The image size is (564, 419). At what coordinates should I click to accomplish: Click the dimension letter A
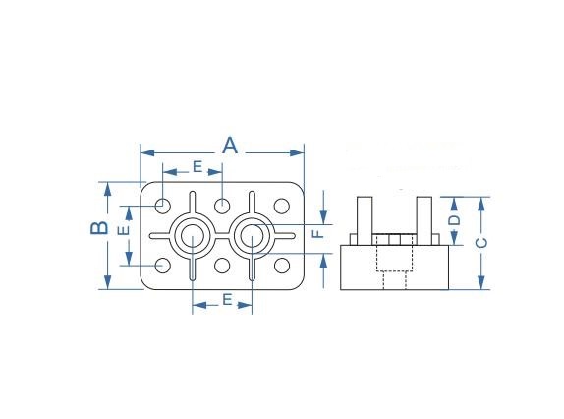(x=230, y=146)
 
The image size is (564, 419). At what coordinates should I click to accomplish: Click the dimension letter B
(x=99, y=228)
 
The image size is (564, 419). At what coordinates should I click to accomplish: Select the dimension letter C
(x=481, y=243)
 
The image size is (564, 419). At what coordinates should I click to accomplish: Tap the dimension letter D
(x=455, y=220)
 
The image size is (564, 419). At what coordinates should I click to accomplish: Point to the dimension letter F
(x=318, y=234)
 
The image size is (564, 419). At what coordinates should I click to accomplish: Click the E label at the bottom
(x=227, y=299)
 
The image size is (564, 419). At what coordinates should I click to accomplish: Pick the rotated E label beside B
(x=124, y=230)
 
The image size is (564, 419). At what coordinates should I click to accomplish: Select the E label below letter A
(x=197, y=166)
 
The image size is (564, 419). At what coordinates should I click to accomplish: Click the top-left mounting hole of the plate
(x=162, y=206)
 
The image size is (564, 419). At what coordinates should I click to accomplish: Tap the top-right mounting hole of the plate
(x=282, y=206)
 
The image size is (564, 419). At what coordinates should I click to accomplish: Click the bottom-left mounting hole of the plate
(x=162, y=266)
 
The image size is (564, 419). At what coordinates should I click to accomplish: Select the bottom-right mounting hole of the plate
(x=282, y=266)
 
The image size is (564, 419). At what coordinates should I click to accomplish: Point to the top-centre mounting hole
(x=222, y=206)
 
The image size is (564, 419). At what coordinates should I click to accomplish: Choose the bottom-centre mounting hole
(x=222, y=266)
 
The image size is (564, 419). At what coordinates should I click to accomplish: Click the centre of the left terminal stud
(x=193, y=236)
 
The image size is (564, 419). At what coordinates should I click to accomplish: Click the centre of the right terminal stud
(x=253, y=236)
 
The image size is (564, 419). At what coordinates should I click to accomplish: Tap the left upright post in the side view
(x=365, y=220)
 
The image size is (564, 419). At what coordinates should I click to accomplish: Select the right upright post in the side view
(x=424, y=220)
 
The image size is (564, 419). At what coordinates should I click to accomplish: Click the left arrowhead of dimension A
(x=147, y=153)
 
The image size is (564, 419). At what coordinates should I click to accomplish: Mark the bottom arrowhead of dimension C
(x=481, y=282)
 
